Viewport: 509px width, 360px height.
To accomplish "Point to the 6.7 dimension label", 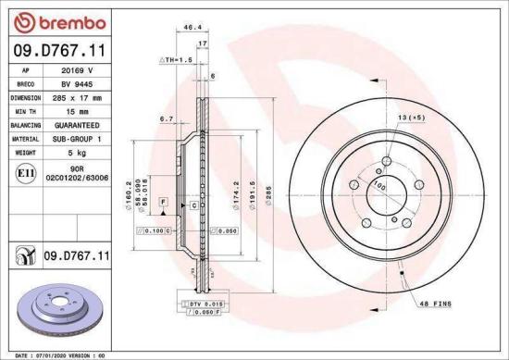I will click(x=167, y=118).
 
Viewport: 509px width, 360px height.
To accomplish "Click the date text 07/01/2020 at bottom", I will click(x=44, y=354).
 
